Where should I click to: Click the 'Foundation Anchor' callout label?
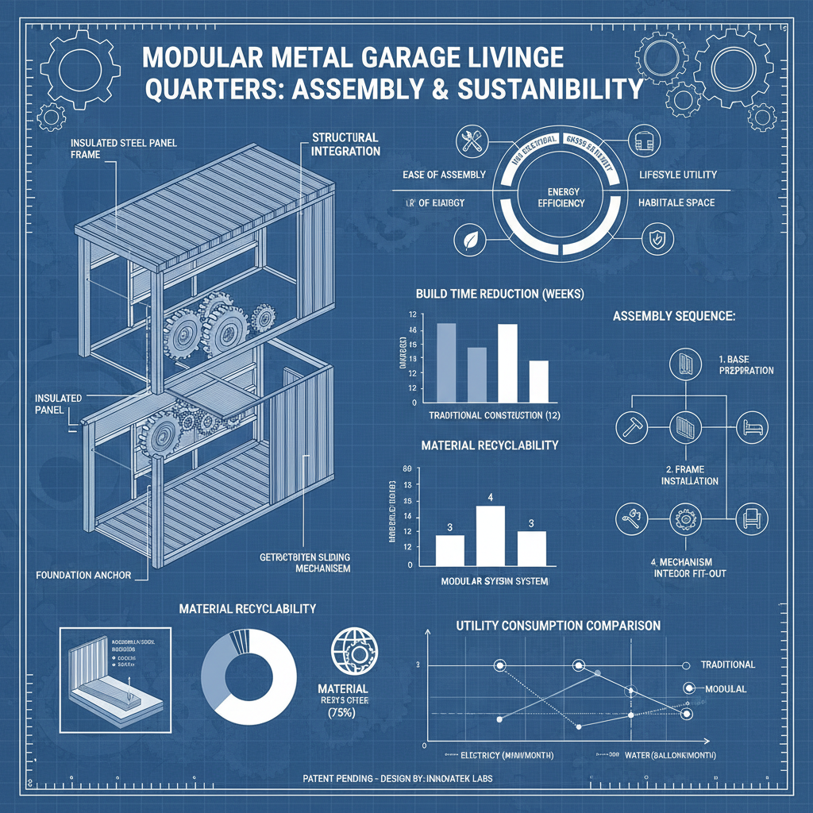click(83, 574)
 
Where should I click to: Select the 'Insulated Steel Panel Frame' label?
click(123, 148)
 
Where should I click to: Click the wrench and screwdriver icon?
click(467, 142)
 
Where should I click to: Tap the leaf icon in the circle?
click(467, 239)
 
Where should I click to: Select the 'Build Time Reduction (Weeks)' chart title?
click(499, 294)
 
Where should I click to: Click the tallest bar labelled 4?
click(490, 534)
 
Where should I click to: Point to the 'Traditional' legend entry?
click(728, 665)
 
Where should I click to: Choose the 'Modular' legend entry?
click(725, 688)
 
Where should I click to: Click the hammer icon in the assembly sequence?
click(631, 427)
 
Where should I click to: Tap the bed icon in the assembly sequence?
click(751, 427)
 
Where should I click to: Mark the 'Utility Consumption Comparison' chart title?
click(558, 626)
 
